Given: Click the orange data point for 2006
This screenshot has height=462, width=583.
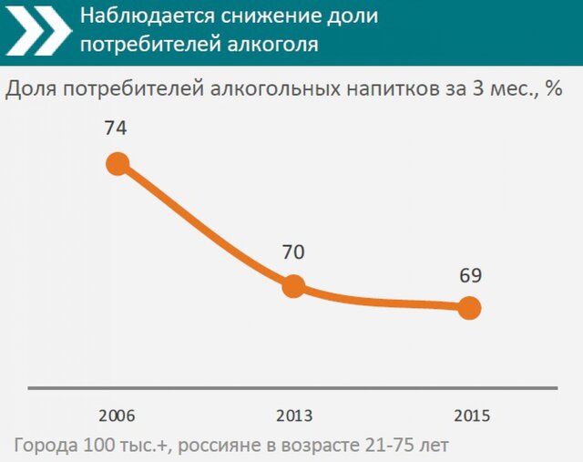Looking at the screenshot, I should click(x=118, y=164).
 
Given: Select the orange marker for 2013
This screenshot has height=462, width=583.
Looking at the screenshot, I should click(x=293, y=286).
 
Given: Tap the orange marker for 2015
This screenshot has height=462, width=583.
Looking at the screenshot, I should click(x=469, y=308).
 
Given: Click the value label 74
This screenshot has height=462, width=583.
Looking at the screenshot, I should click(x=116, y=128).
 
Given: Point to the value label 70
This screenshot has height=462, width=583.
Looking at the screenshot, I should click(x=292, y=252).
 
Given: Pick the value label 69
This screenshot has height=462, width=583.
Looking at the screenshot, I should click(x=470, y=275).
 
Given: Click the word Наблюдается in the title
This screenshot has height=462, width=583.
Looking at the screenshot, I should click(x=138, y=16).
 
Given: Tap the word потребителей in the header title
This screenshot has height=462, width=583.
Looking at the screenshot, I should click(x=138, y=44).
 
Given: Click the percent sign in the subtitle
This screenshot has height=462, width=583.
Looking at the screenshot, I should click(x=553, y=89).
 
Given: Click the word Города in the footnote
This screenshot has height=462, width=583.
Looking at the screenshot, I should click(x=44, y=445).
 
